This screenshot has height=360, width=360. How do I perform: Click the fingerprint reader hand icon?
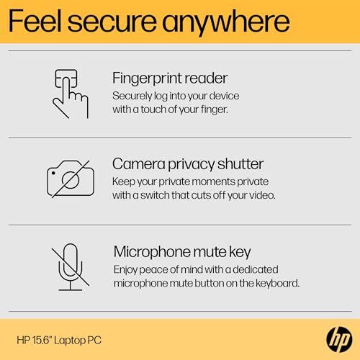click(x=71, y=94)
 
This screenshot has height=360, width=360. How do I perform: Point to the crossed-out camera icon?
click(x=71, y=178)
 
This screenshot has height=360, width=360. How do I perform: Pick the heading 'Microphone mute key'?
click(x=182, y=251)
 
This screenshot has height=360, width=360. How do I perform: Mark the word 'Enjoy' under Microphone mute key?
click(x=127, y=269)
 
